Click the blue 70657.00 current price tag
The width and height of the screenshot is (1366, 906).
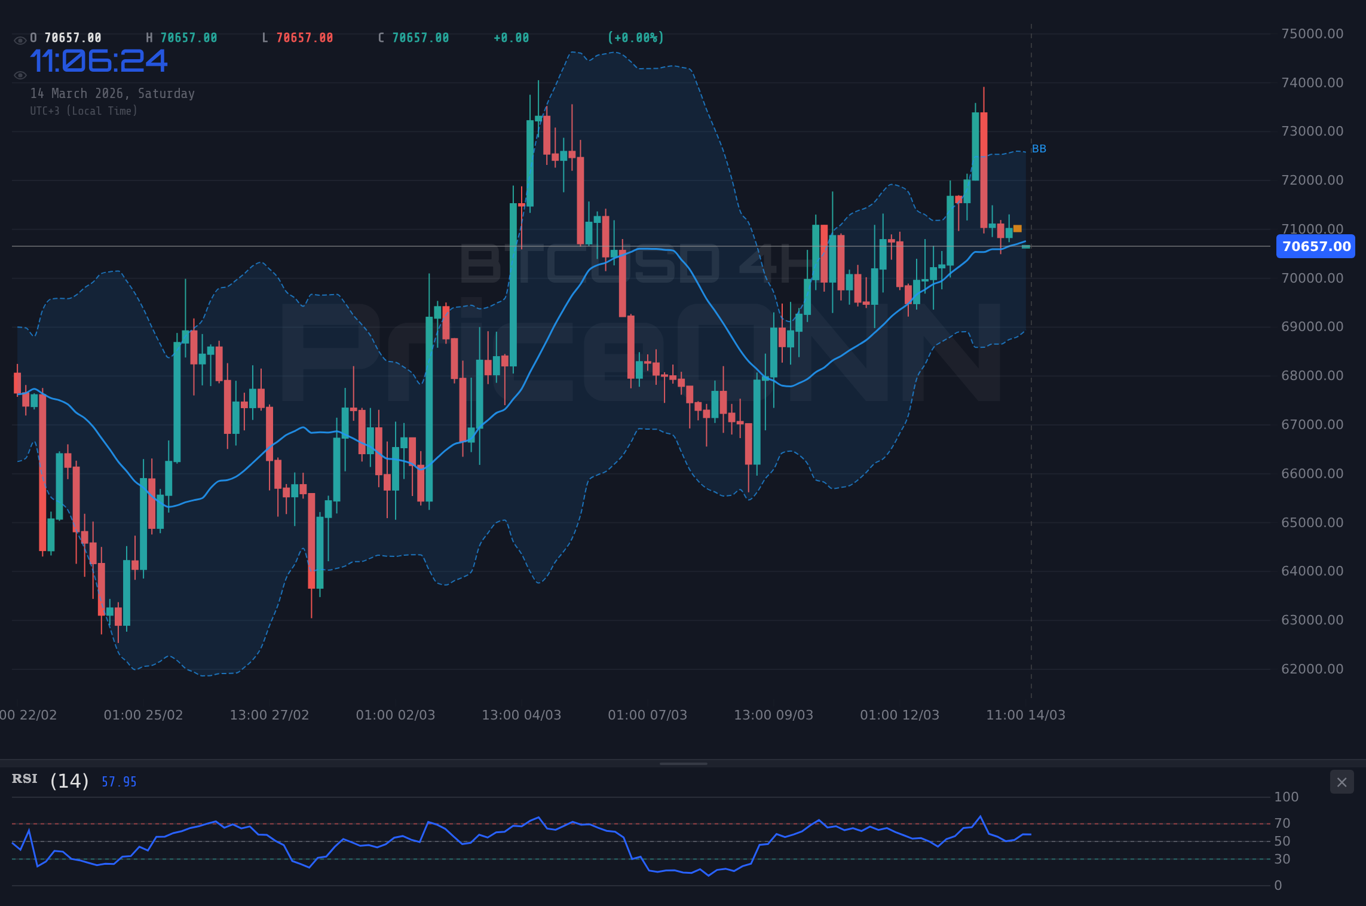1315,246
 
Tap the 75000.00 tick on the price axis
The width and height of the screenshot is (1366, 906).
1312,33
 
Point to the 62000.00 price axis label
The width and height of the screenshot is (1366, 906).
1312,669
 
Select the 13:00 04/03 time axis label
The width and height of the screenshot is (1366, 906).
521,715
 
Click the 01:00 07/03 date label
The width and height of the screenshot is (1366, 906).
647,715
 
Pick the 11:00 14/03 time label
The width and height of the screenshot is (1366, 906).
1025,715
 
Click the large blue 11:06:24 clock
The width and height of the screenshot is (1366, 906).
99,61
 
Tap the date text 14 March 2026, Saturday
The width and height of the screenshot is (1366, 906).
112,93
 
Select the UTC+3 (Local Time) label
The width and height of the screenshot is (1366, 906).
84,111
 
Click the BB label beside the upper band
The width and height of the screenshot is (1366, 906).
1039,149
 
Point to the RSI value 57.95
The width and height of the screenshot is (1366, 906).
119,782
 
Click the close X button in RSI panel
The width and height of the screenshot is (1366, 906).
1342,782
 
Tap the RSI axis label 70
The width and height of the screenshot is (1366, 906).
1282,823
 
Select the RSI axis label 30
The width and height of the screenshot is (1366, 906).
1282,859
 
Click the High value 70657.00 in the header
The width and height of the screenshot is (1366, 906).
188,38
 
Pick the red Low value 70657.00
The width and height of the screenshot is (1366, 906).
304,38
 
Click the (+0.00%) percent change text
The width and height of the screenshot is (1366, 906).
635,38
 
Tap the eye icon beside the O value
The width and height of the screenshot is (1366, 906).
20,40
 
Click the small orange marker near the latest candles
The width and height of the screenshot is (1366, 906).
1018,228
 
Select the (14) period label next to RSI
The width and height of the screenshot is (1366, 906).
69,780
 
